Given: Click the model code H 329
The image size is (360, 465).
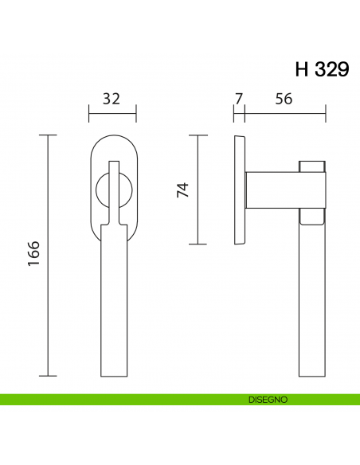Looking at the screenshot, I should [x=322, y=68].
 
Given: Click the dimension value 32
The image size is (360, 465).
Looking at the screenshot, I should [x=112, y=99].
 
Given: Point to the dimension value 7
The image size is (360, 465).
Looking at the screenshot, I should [x=238, y=99].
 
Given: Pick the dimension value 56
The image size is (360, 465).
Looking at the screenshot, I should [x=284, y=99].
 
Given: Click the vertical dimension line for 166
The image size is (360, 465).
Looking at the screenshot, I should [x=49, y=255].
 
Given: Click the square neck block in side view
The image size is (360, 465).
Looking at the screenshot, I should [x=272, y=191].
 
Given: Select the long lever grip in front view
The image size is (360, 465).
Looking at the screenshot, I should [x=112, y=303].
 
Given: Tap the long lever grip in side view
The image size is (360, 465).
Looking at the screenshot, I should [x=312, y=303].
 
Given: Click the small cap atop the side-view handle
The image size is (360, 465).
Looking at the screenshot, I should [x=312, y=166].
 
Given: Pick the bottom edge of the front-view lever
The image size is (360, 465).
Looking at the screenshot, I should [x=112, y=376].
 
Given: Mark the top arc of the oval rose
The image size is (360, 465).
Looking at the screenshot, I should [x=112, y=139].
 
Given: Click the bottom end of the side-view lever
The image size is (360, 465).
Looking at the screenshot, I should [x=312, y=376].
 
